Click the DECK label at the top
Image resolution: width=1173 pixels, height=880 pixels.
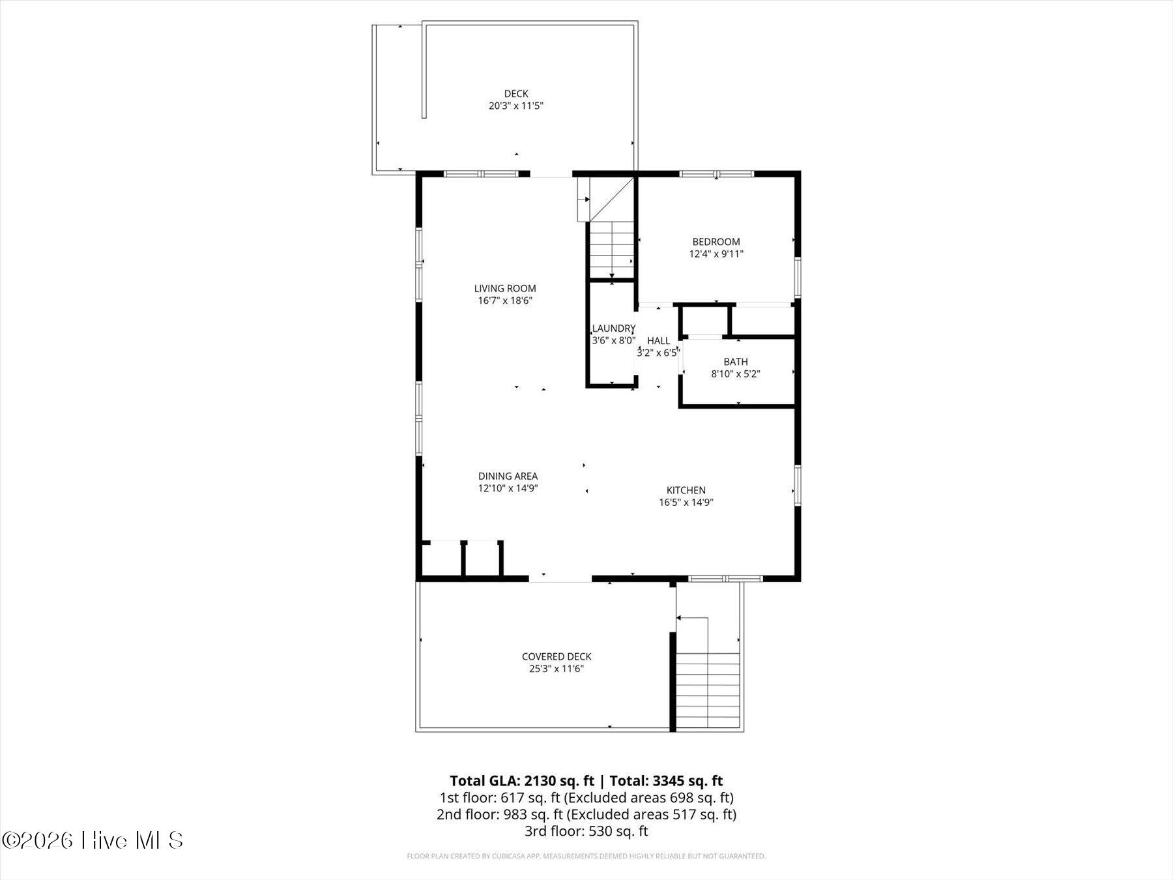tap(516, 94)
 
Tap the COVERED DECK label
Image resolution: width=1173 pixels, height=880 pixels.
tap(557, 656)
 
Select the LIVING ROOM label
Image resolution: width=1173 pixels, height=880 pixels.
tap(505, 288)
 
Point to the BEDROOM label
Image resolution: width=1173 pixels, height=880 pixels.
tap(716, 242)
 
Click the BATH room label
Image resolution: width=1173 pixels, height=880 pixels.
tap(736, 362)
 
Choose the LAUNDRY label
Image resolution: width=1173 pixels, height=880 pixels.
tap(614, 329)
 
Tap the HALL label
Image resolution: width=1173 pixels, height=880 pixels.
tap(658, 340)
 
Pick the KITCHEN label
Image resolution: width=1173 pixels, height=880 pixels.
tap(686, 490)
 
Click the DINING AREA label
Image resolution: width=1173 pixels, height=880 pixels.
tap(508, 477)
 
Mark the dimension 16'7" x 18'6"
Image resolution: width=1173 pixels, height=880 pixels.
tap(505, 301)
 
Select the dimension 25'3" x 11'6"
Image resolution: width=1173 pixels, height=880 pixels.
tap(557, 669)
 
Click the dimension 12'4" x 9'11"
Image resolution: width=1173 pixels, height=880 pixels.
tap(716, 254)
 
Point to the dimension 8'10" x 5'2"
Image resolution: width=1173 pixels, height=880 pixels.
tap(736, 374)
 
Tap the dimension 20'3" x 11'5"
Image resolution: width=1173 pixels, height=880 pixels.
tap(516, 106)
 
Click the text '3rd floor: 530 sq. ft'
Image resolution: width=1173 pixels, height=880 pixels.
tap(586, 831)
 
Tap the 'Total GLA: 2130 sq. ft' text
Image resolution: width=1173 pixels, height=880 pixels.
tap(522, 781)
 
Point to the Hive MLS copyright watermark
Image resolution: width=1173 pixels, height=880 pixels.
tap(93, 840)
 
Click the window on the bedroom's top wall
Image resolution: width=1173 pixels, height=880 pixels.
tap(716, 174)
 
